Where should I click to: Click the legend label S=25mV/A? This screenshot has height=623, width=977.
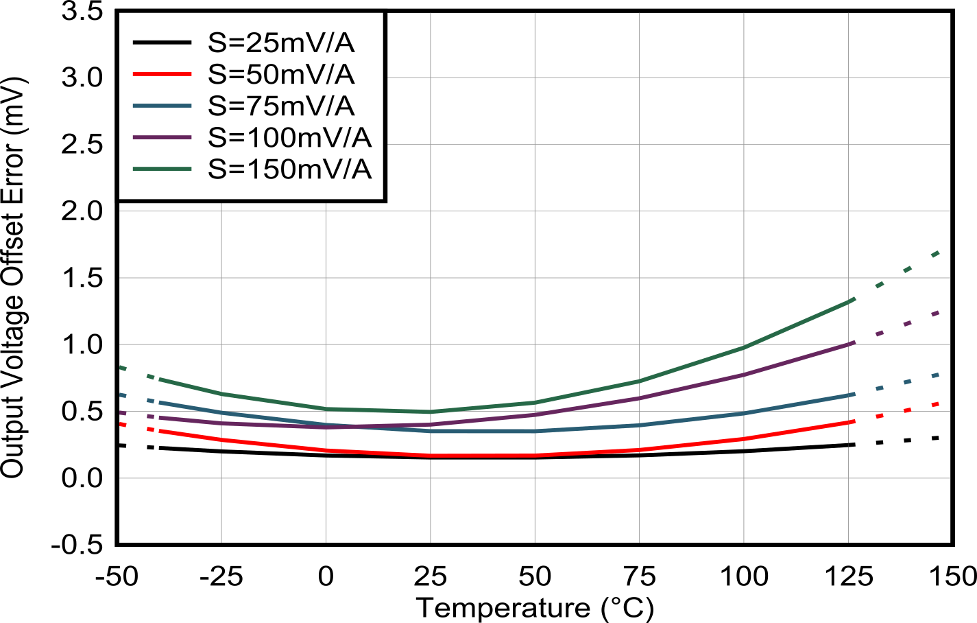(x=281, y=43)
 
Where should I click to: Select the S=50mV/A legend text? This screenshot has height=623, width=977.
(x=281, y=74)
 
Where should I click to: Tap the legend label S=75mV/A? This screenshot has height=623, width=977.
(x=281, y=106)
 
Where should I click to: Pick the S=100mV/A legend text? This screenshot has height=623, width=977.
(x=289, y=137)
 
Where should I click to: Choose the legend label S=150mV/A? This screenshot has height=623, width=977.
(x=289, y=169)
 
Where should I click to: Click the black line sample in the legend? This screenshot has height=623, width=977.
(x=162, y=43)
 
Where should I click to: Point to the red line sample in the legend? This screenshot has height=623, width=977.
(x=162, y=74)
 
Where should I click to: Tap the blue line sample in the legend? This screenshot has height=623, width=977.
(x=162, y=106)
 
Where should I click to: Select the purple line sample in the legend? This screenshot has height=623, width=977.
(x=162, y=137)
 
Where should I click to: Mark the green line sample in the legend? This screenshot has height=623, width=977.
(x=162, y=169)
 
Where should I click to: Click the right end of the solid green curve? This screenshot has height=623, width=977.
(x=852, y=299)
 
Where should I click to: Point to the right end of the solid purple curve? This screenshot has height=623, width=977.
(x=852, y=342)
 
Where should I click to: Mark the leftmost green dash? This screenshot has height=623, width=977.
(x=123, y=368)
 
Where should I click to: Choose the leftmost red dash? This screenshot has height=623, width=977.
(x=123, y=425)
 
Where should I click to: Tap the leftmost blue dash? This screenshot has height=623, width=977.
(x=123, y=395)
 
